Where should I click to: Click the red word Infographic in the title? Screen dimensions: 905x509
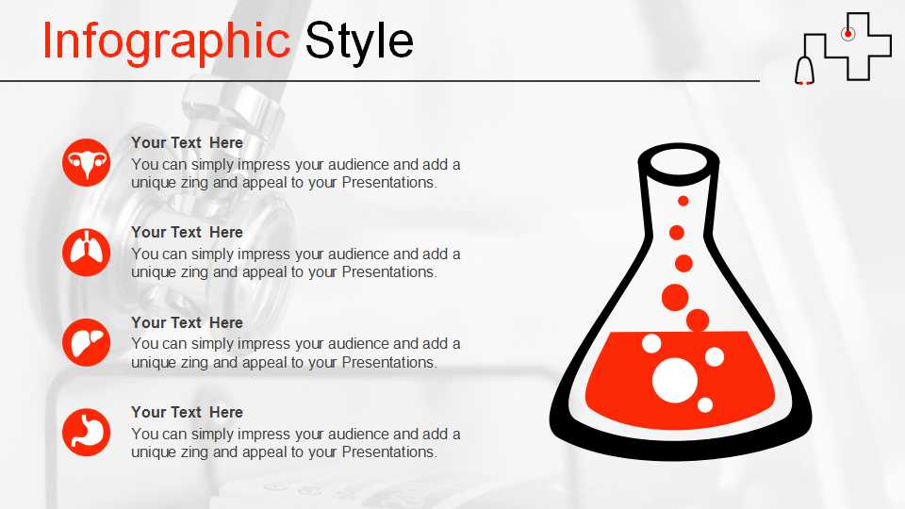[166, 41]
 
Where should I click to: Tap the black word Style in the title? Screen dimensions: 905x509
[359, 41]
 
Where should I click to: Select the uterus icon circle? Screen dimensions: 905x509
[86, 163]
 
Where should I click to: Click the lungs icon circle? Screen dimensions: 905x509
[86, 253]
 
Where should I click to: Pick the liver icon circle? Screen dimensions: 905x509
[86, 342]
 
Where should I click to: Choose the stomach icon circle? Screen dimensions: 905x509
[86, 433]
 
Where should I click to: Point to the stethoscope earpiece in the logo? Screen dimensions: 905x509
[804, 72]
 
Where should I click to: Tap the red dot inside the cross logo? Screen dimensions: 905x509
[847, 34]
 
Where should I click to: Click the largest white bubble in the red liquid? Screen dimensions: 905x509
[675, 380]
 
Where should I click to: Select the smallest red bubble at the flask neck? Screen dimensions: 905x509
[683, 201]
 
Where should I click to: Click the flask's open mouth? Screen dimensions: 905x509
[679, 164]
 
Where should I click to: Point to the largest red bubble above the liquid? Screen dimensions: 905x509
[675, 298]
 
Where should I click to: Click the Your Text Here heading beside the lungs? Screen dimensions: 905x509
[187, 232]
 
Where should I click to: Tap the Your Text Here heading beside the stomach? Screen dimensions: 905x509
[187, 412]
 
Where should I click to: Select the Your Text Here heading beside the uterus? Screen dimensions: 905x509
[187, 142]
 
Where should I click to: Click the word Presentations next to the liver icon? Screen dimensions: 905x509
[389, 362]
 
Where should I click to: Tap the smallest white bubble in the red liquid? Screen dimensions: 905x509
[705, 405]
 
